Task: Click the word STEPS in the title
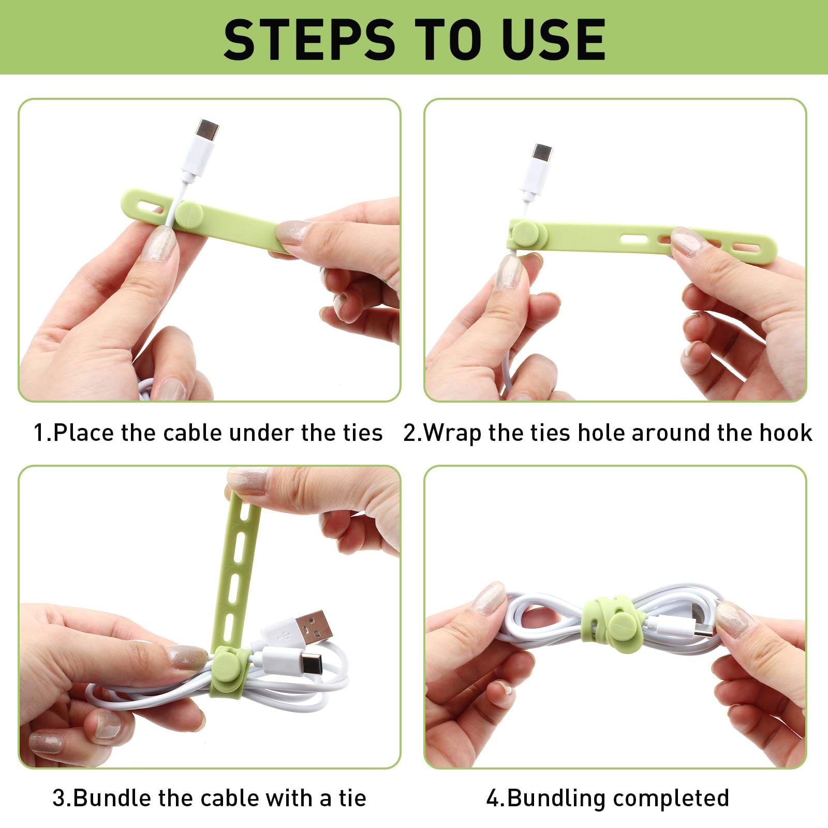tap(309, 39)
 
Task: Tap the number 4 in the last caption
tap(493, 799)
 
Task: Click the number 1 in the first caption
tap(39, 433)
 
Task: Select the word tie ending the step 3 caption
tap(352, 798)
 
